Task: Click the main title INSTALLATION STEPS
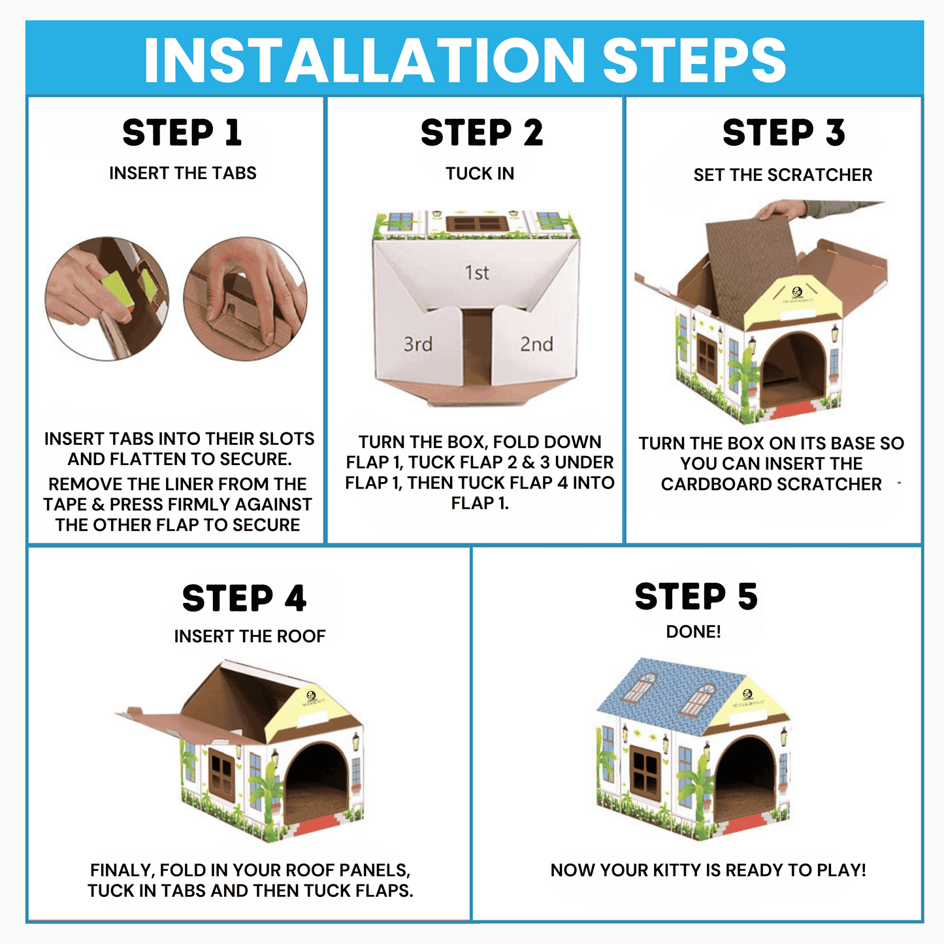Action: (464, 60)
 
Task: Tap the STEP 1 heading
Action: (182, 133)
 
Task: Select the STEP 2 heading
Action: (481, 133)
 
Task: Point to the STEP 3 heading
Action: (783, 133)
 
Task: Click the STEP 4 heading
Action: (244, 598)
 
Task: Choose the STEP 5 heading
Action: (696, 596)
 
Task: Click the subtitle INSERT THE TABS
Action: (182, 173)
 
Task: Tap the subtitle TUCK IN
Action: (480, 174)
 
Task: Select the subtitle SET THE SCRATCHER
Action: (783, 175)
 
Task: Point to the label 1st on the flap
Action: (477, 272)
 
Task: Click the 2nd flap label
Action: (536, 344)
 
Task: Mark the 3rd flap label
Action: (418, 344)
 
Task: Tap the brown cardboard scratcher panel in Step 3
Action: (751, 261)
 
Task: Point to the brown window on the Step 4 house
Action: (221, 777)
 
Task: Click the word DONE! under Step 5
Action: (693, 632)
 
